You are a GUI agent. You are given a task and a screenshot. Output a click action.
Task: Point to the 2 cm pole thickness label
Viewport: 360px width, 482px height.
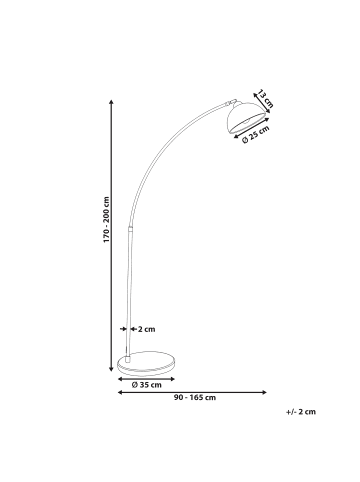(146, 328)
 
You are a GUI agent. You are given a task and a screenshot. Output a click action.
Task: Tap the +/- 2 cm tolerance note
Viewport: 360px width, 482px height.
(301, 411)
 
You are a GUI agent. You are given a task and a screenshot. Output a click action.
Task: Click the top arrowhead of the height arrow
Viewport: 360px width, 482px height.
(110, 101)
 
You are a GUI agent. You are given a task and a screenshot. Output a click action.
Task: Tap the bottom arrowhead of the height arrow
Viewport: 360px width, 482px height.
(110, 366)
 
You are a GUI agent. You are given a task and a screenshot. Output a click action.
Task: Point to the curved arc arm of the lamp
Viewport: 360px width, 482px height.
(160, 140)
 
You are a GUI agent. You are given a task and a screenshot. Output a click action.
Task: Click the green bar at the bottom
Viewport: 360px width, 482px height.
(180, 452)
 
